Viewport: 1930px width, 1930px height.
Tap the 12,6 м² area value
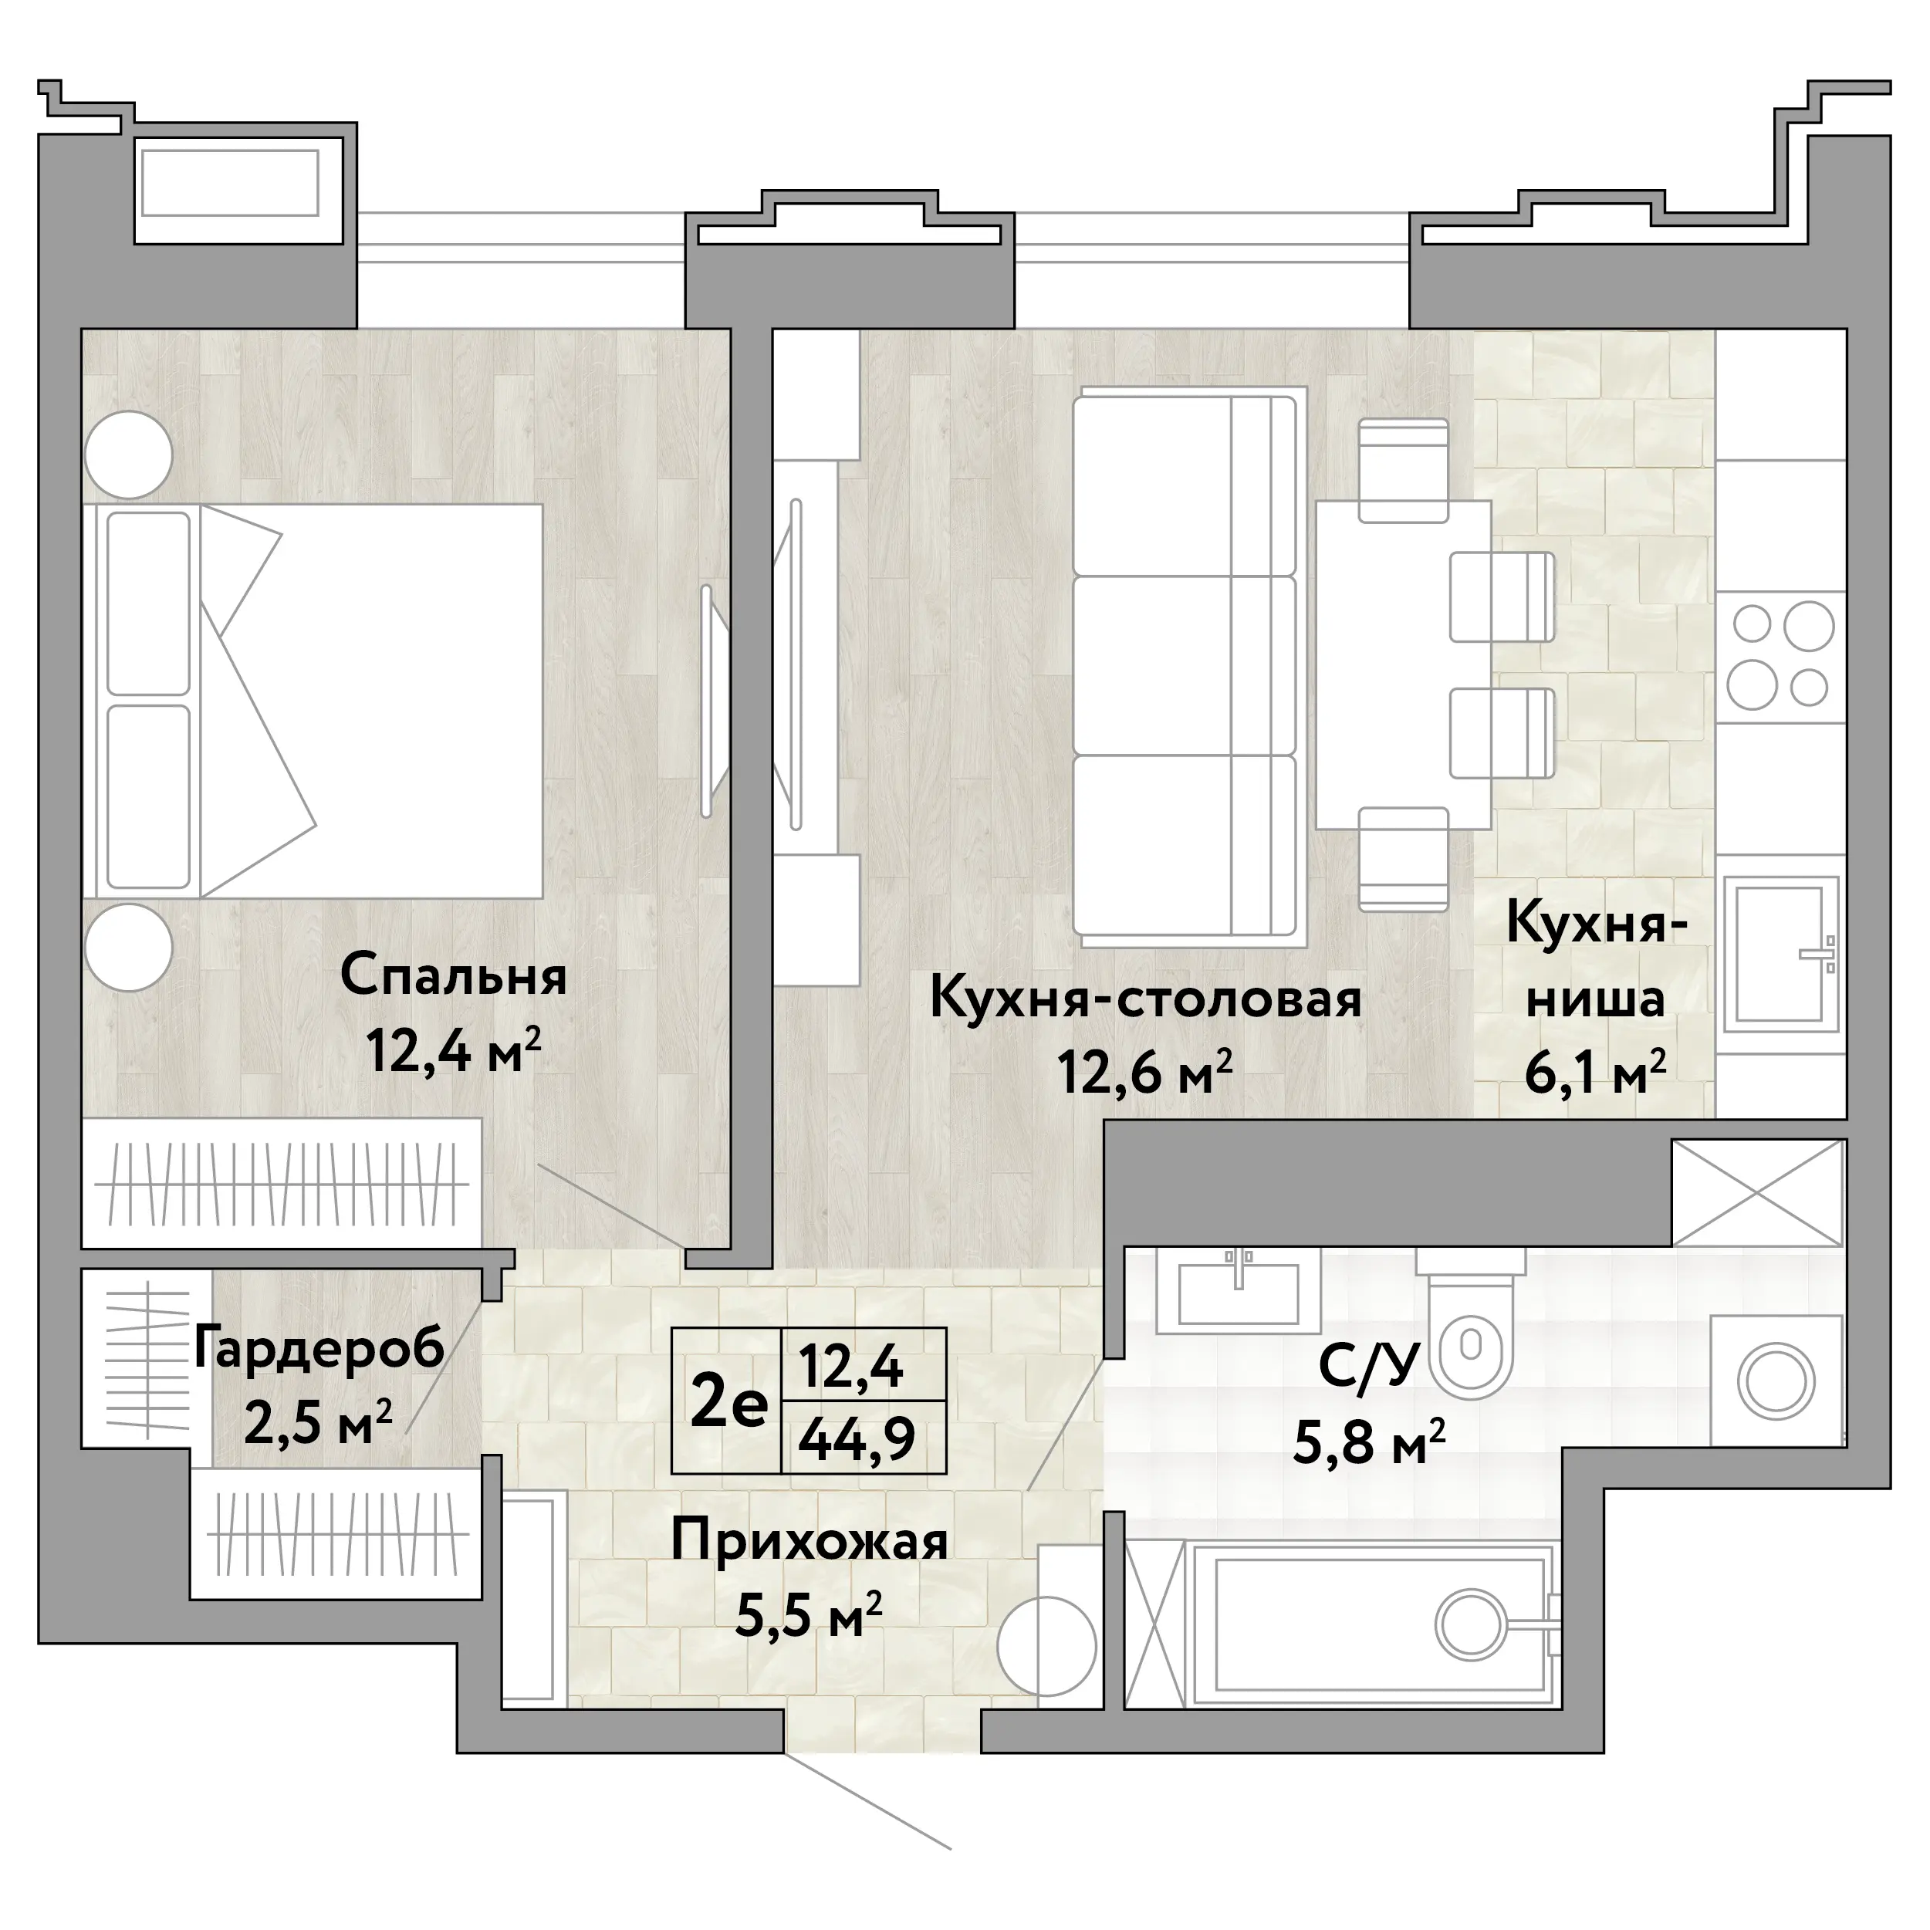pyautogui.click(x=1145, y=1074)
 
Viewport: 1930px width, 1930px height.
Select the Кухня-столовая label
pyautogui.click(x=1146, y=999)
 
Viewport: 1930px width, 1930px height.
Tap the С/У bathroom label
pyautogui.click(x=1368, y=1367)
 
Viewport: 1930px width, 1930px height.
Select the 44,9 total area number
pyautogui.click(x=858, y=1441)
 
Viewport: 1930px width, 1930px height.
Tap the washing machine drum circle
pyautogui.click(x=1776, y=1384)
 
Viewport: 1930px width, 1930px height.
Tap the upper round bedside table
pyautogui.click(x=129, y=455)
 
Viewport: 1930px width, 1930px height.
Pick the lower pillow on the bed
pyautogui.click(x=149, y=796)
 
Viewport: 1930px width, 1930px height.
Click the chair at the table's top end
pyautogui.click(x=1404, y=469)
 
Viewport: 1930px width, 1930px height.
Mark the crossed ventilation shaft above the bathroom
pyautogui.click(x=1757, y=1193)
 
